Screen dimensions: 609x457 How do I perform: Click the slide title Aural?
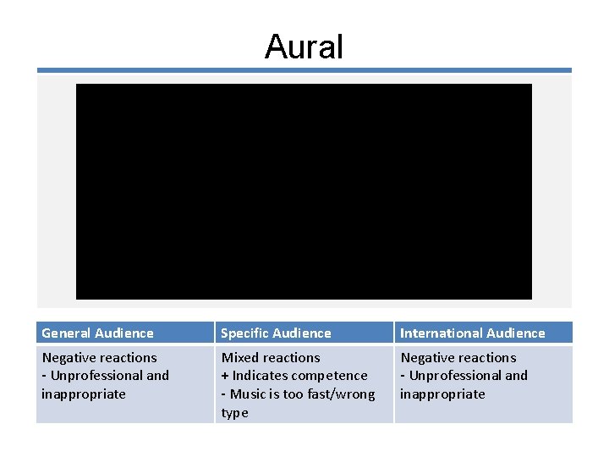coord(304,47)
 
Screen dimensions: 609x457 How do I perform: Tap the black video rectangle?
coord(304,191)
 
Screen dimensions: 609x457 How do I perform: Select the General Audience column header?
coord(97,333)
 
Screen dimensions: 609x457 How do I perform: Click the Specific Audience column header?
coord(276,333)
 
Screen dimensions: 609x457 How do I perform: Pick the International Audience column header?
coord(472,333)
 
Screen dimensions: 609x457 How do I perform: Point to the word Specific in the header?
coord(244,333)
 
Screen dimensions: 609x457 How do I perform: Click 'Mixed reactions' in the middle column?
coord(271,358)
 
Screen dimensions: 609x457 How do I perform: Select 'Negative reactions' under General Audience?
coord(99,358)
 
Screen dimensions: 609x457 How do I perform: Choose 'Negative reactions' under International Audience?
coord(458,358)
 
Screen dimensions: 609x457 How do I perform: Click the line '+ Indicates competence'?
coord(294,376)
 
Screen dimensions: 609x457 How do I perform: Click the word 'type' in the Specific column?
coord(234,413)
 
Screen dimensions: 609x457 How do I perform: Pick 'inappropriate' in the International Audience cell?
coord(442,394)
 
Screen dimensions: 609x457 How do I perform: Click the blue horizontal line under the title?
coord(304,70)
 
